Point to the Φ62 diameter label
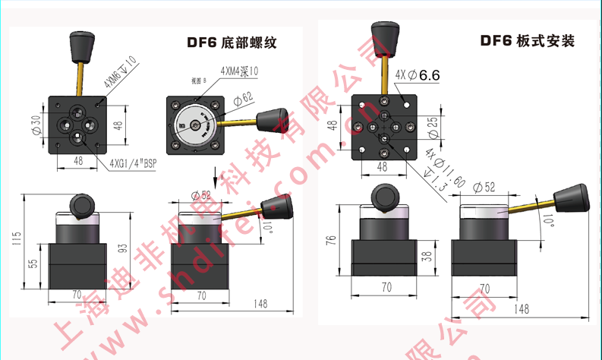[x=243, y=99]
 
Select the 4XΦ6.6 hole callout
[x=418, y=74]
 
